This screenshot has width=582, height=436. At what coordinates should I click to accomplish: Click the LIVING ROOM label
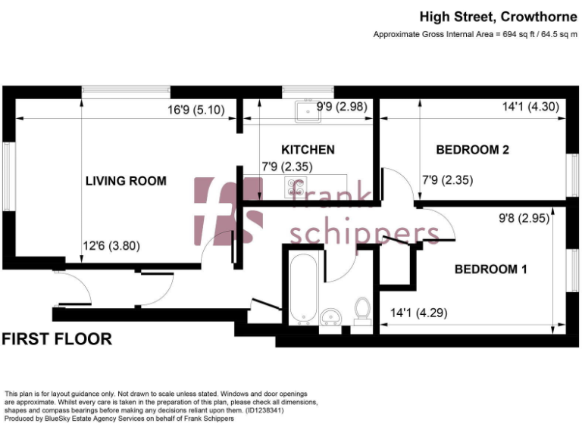[x=125, y=181]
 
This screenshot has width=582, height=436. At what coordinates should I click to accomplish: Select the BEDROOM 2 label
[x=472, y=150]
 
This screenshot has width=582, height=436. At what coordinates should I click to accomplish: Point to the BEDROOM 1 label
[x=490, y=269]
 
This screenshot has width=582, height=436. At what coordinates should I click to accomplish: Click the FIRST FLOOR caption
[x=57, y=339]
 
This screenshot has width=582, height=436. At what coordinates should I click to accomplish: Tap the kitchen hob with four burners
[x=296, y=185]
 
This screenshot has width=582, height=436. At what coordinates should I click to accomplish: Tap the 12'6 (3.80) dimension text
[x=111, y=246]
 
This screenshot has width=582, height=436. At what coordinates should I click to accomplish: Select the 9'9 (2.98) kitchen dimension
[x=342, y=107]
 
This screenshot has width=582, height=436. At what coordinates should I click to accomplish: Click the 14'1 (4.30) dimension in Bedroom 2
[x=530, y=107]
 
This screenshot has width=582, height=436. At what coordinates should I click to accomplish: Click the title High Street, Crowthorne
[x=498, y=17]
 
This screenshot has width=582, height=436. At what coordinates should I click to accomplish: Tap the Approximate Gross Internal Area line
[x=475, y=35]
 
